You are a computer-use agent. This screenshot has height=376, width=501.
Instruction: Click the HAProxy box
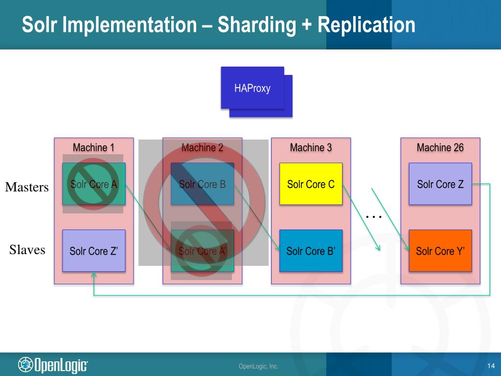point(252,88)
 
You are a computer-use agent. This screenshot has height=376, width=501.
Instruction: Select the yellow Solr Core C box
point(311,184)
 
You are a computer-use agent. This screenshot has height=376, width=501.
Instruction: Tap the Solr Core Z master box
point(440,184)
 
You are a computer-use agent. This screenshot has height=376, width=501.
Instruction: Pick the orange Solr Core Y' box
point(440,251)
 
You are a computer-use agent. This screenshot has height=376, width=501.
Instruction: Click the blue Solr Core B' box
point(311,251)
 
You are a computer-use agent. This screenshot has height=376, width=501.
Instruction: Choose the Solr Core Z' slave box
point(94,251)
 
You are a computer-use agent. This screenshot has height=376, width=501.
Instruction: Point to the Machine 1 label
point(93,147)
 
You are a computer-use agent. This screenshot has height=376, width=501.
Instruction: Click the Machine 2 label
point(202,147)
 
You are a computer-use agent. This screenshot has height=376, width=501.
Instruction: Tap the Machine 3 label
point(311,147)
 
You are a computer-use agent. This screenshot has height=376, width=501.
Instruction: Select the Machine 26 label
point(440,147)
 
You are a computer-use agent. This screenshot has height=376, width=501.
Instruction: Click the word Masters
point(27,187)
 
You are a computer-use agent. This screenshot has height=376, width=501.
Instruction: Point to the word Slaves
point(27,250)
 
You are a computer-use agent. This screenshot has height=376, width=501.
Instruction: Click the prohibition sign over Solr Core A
point(93,184)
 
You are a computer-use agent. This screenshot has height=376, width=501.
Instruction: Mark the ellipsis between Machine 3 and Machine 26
point(374,216)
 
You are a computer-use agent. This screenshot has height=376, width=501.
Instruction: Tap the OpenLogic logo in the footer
point(53,365)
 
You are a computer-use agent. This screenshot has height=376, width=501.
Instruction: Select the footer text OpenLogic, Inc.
point(258,366)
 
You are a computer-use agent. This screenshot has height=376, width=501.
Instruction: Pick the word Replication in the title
point(366,24)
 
